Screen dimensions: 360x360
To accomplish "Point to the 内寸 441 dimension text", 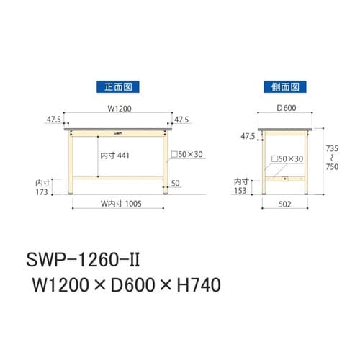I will pos(114,156).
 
